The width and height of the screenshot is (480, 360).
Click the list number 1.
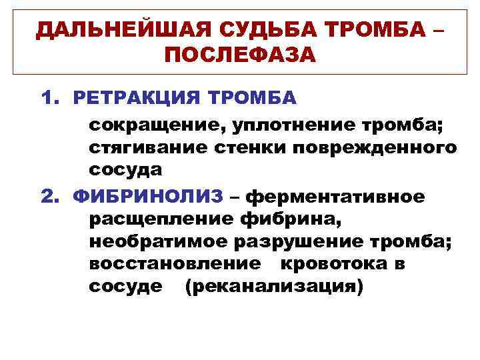pyautogui.click(x=48, y=98)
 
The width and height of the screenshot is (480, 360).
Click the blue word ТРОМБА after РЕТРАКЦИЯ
pyautogui.click(x=253, y=98)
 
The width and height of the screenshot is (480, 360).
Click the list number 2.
pyautogui.click(x=49, y=197)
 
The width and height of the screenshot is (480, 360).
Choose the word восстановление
pyautogui.click(x=175, y=264)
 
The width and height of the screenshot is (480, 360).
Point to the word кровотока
pyautogui.click(x=333, y=264)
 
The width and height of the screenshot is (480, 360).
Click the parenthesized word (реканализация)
pyautogui.click(x=275, y=287)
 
